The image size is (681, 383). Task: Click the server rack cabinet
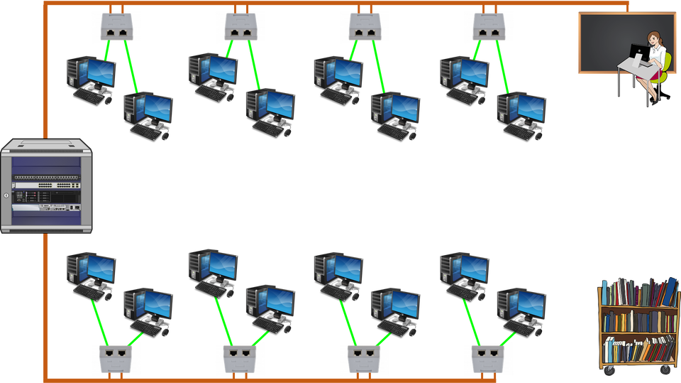47,186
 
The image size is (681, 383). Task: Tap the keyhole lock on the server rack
6,195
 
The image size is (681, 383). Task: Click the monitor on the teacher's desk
638,54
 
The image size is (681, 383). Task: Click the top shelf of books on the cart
638,293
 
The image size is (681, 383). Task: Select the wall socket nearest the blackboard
488,27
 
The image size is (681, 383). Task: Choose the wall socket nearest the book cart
488,357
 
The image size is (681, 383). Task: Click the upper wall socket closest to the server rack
116,27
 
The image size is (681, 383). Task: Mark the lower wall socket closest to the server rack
116,357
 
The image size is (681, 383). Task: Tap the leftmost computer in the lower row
90,274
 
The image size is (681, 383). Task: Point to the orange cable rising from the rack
45,71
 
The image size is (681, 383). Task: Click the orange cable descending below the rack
45,306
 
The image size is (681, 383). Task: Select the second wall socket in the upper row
240,27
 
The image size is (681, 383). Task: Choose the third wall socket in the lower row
364,357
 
